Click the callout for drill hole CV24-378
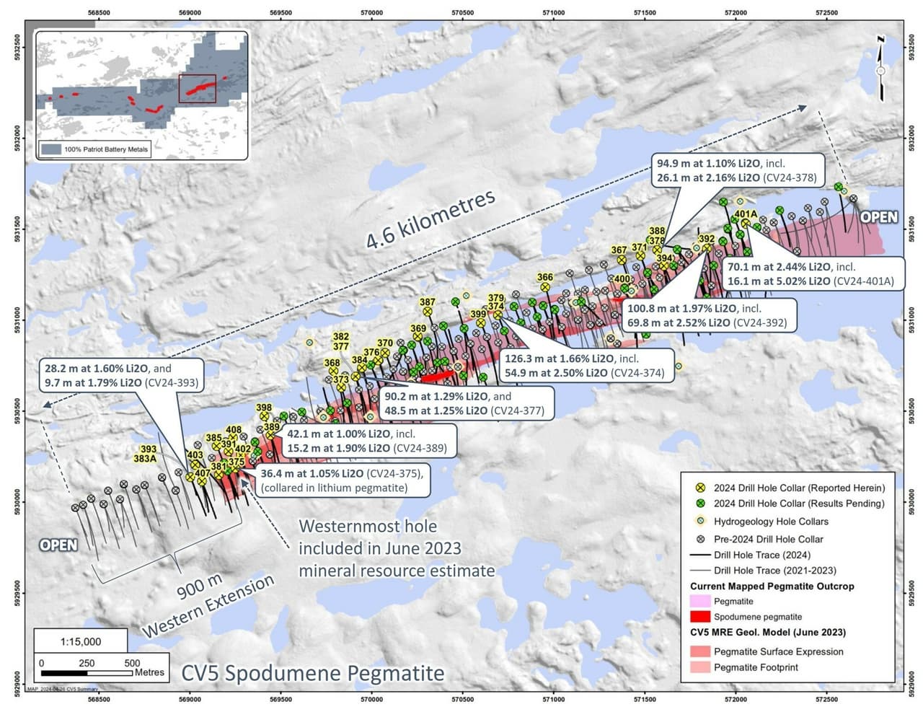point(738,170)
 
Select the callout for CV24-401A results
point(811,273)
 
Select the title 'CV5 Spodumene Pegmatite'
point(312,673)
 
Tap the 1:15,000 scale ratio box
point(81,641)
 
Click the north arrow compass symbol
point(880,69)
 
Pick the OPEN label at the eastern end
point(878,217)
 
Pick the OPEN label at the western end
point(58,545)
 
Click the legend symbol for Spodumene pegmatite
point(699,617)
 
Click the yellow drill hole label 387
point(427,302)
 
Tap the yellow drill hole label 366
point(545,277)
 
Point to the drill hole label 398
point(264,408)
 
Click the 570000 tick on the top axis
point(371,12)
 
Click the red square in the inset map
point(197,88)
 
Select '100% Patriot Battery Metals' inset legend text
point(106,149)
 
